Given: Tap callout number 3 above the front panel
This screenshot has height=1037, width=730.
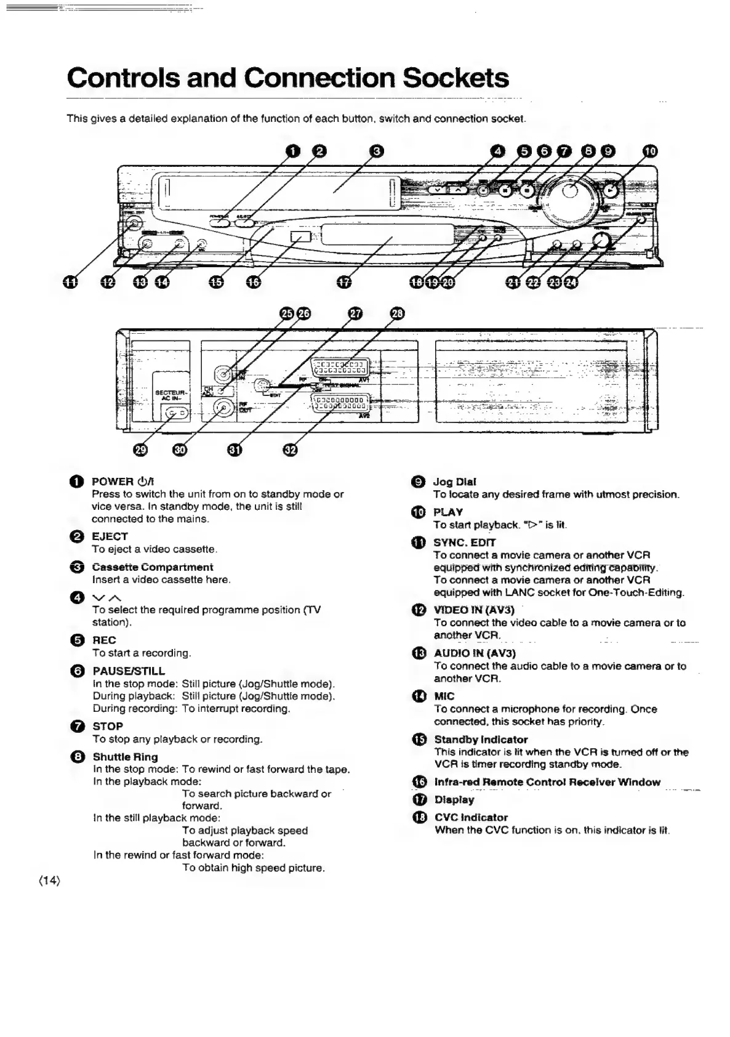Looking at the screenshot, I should [377, 150].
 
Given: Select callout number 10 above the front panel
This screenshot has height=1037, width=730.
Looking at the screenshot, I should [651, 151].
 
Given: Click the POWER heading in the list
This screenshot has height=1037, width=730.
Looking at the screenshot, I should [113, 482].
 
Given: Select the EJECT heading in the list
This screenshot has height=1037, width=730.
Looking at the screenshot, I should [110, 536].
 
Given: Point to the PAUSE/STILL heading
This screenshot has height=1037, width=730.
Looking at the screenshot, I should [129, 671].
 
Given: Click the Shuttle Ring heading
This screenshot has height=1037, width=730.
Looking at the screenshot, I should [125, 757].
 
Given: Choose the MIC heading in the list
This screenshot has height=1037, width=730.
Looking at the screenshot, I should [444, 696].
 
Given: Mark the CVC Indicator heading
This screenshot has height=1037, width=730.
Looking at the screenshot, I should [471, 817].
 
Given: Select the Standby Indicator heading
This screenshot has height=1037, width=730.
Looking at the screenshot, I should [481, 739].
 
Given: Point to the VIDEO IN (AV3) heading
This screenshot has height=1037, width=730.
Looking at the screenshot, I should [474, 610].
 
